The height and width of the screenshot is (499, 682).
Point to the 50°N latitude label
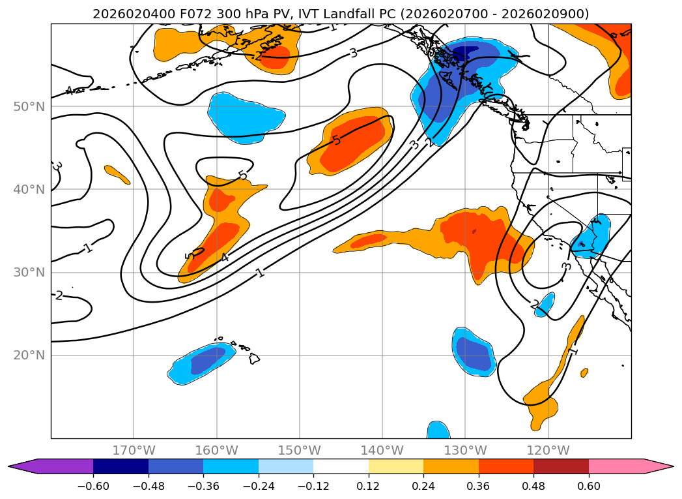pyautogui.click(x=29, y=107)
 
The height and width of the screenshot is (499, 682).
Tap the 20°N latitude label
pyautogui.click(x=29, y=355)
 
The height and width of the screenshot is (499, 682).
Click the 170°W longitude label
pyautogui.click(x=134, y=450)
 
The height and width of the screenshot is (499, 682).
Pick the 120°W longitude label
pyautogui.click(x=548, y=450)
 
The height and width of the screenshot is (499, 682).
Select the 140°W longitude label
pyautogui.click(x=382, y=450)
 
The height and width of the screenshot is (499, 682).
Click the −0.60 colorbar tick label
pyautogui.click(x=93, y=486)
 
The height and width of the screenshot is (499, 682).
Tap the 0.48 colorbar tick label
pyautogui.click(x=533, y=486)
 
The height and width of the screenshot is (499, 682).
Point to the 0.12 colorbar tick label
pyautogui.click(x=369, y=486)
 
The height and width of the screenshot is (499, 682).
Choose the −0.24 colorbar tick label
pyautogui.click(x=259, y=486)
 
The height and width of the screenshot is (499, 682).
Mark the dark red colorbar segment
pyautogui.click(x=561, y=466)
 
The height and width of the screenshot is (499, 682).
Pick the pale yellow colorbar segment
pyautogui.click(x=396, y=466)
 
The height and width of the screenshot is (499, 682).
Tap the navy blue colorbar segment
pyautogui.click(x=121, y=466)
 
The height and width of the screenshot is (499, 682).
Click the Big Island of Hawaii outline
pyautogui.click(x=254, y=358)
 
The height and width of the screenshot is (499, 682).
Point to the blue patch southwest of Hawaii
pyautogui.click(x=201, y=363)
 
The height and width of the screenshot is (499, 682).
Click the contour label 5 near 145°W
pyautogui.click(x=335, y=140)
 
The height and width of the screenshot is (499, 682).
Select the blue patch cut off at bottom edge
pyautogui.click(x=438, y=431)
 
